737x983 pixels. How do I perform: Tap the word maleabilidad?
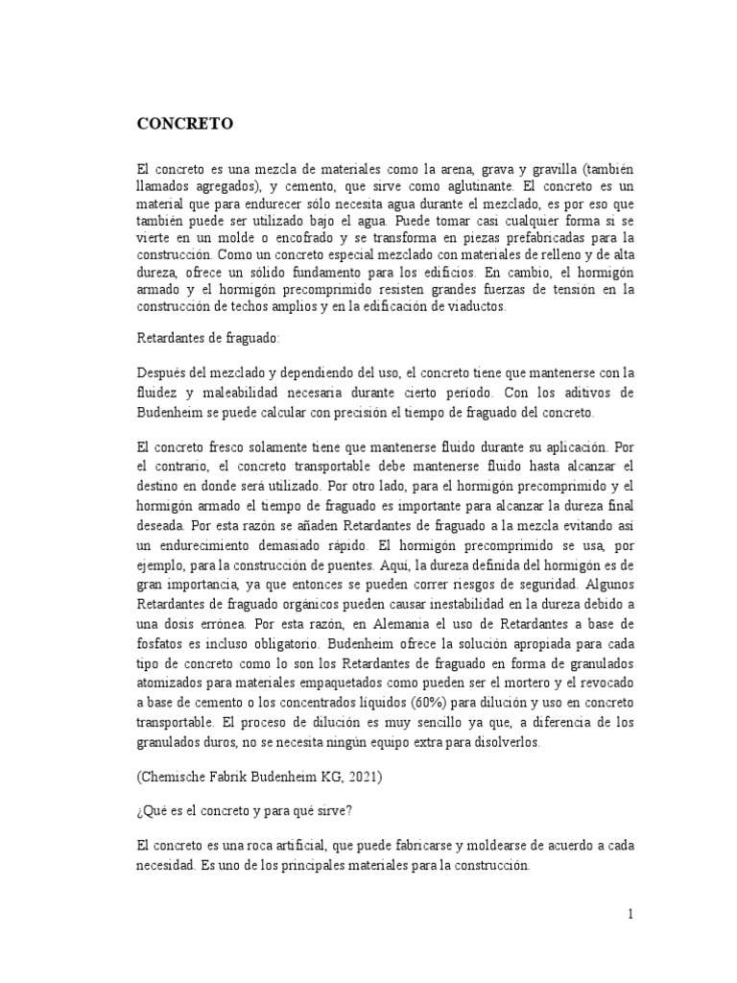258,394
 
